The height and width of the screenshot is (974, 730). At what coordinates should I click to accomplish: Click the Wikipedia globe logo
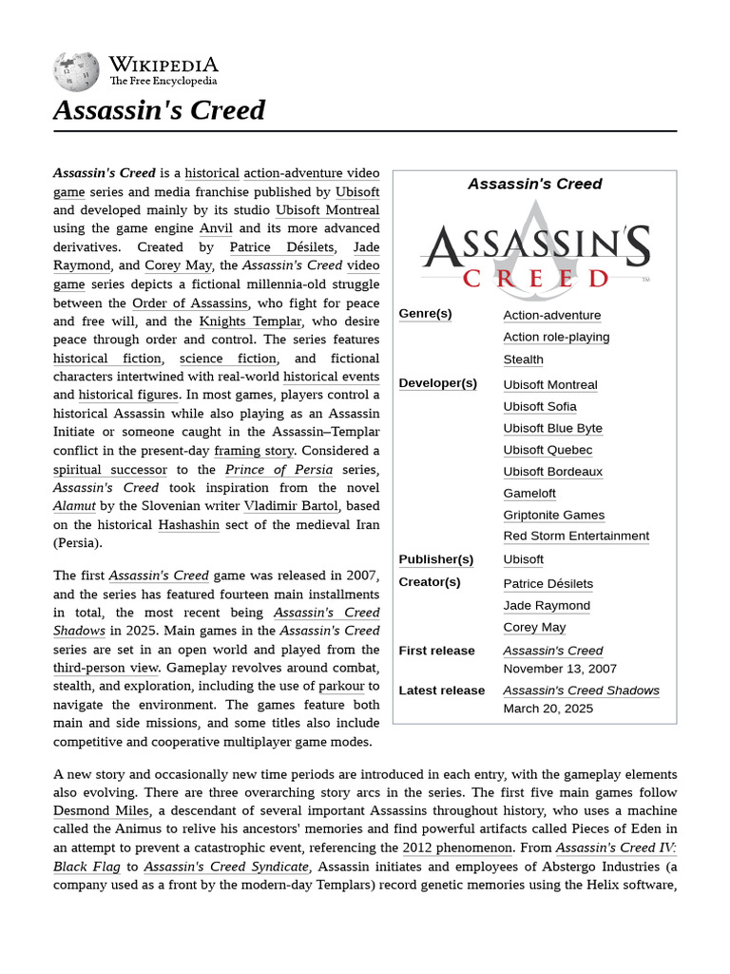(x=76, y=71)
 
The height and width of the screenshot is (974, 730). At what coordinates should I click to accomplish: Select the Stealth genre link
(x=523, y=360)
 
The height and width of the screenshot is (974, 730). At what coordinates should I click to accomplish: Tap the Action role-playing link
(x=556, y=337)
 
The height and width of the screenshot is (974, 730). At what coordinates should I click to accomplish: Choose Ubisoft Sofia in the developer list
(x=540, y=406)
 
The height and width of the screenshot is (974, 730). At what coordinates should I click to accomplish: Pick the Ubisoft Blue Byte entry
(x=552, y=428)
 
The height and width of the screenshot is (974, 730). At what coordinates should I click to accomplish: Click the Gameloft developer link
(x=529, y=493)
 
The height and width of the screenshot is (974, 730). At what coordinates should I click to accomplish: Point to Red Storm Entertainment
(x=576, y=536)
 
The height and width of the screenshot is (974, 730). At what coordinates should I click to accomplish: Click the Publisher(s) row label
(x=435, y=559)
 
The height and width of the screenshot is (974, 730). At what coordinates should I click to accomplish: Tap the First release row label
(x=436, y=651)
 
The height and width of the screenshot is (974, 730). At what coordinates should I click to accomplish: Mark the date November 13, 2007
(x=560, y=669)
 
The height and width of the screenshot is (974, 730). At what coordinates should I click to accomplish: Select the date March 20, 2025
(x=547, y=709)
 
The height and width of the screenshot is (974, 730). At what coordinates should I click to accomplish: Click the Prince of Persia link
(x=279, y=470)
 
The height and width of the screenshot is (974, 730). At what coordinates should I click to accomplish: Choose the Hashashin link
(x=188, y=524)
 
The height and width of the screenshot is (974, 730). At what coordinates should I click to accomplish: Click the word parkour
(x=341, y=686)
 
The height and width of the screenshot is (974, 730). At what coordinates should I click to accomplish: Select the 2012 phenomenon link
(x=457, y=847)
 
